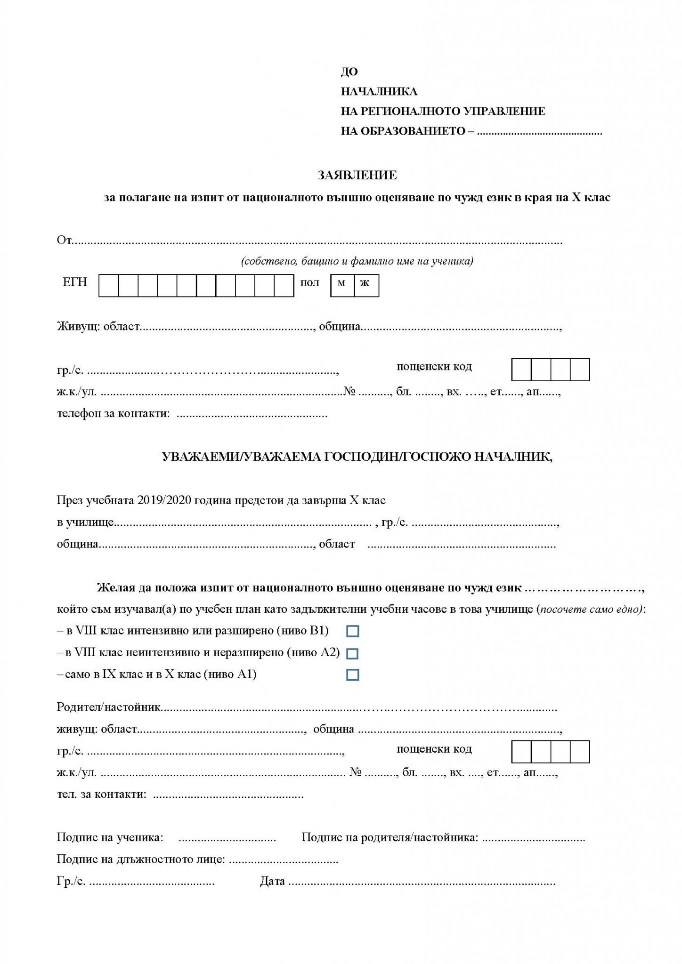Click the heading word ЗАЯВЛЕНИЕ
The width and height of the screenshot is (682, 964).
click(x=357, y=176)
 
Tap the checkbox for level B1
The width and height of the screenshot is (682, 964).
click(x=352, y=631)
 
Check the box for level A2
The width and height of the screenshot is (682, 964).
click(x=352, y=653)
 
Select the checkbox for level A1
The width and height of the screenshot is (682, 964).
click(x=352, y=675)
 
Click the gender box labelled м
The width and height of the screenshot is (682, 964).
click(x=342, y=285)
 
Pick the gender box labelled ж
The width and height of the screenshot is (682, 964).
click(x=366, y=285)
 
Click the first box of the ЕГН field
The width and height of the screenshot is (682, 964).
click(x=109, y=285)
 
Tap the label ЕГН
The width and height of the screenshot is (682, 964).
click(x=75, y=282)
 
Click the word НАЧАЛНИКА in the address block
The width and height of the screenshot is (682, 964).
click(x=379, y=91)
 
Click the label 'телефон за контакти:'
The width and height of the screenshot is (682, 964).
click(x=114, y=414)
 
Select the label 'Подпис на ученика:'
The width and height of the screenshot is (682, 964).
click(x=110, y=837)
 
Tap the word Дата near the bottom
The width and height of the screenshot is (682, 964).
click(x=272, y=881)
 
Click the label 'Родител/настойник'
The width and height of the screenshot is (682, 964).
click(x=108, y=707)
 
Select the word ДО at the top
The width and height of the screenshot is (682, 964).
click(x=349, y=72)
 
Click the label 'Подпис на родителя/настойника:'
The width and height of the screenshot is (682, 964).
click(x=390, y=837)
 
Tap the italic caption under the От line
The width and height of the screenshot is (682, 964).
click(x=357, y=261)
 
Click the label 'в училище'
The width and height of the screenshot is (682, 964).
click(x=85, y=522)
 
